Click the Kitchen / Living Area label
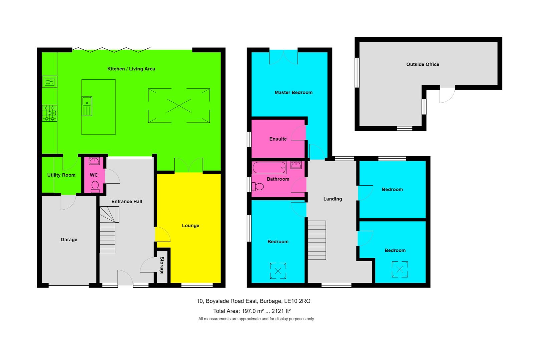[131, 69]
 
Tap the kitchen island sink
[87, 106]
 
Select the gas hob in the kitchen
[50, 113]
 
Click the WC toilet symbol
[95, 187]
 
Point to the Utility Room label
[61, 175]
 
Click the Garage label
[69, 240]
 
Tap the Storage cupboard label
[162, 265]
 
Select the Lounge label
[190, 226]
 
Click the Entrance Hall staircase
[108, 230]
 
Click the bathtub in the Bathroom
[269, 168]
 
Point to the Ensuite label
[278, 139]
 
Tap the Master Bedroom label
[294, 93]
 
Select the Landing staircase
[317, 240]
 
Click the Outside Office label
[423, 64]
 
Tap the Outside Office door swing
[447, 95]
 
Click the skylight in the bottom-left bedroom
[278, 271]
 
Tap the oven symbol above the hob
[50, 82]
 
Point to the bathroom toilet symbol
[257, 186]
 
